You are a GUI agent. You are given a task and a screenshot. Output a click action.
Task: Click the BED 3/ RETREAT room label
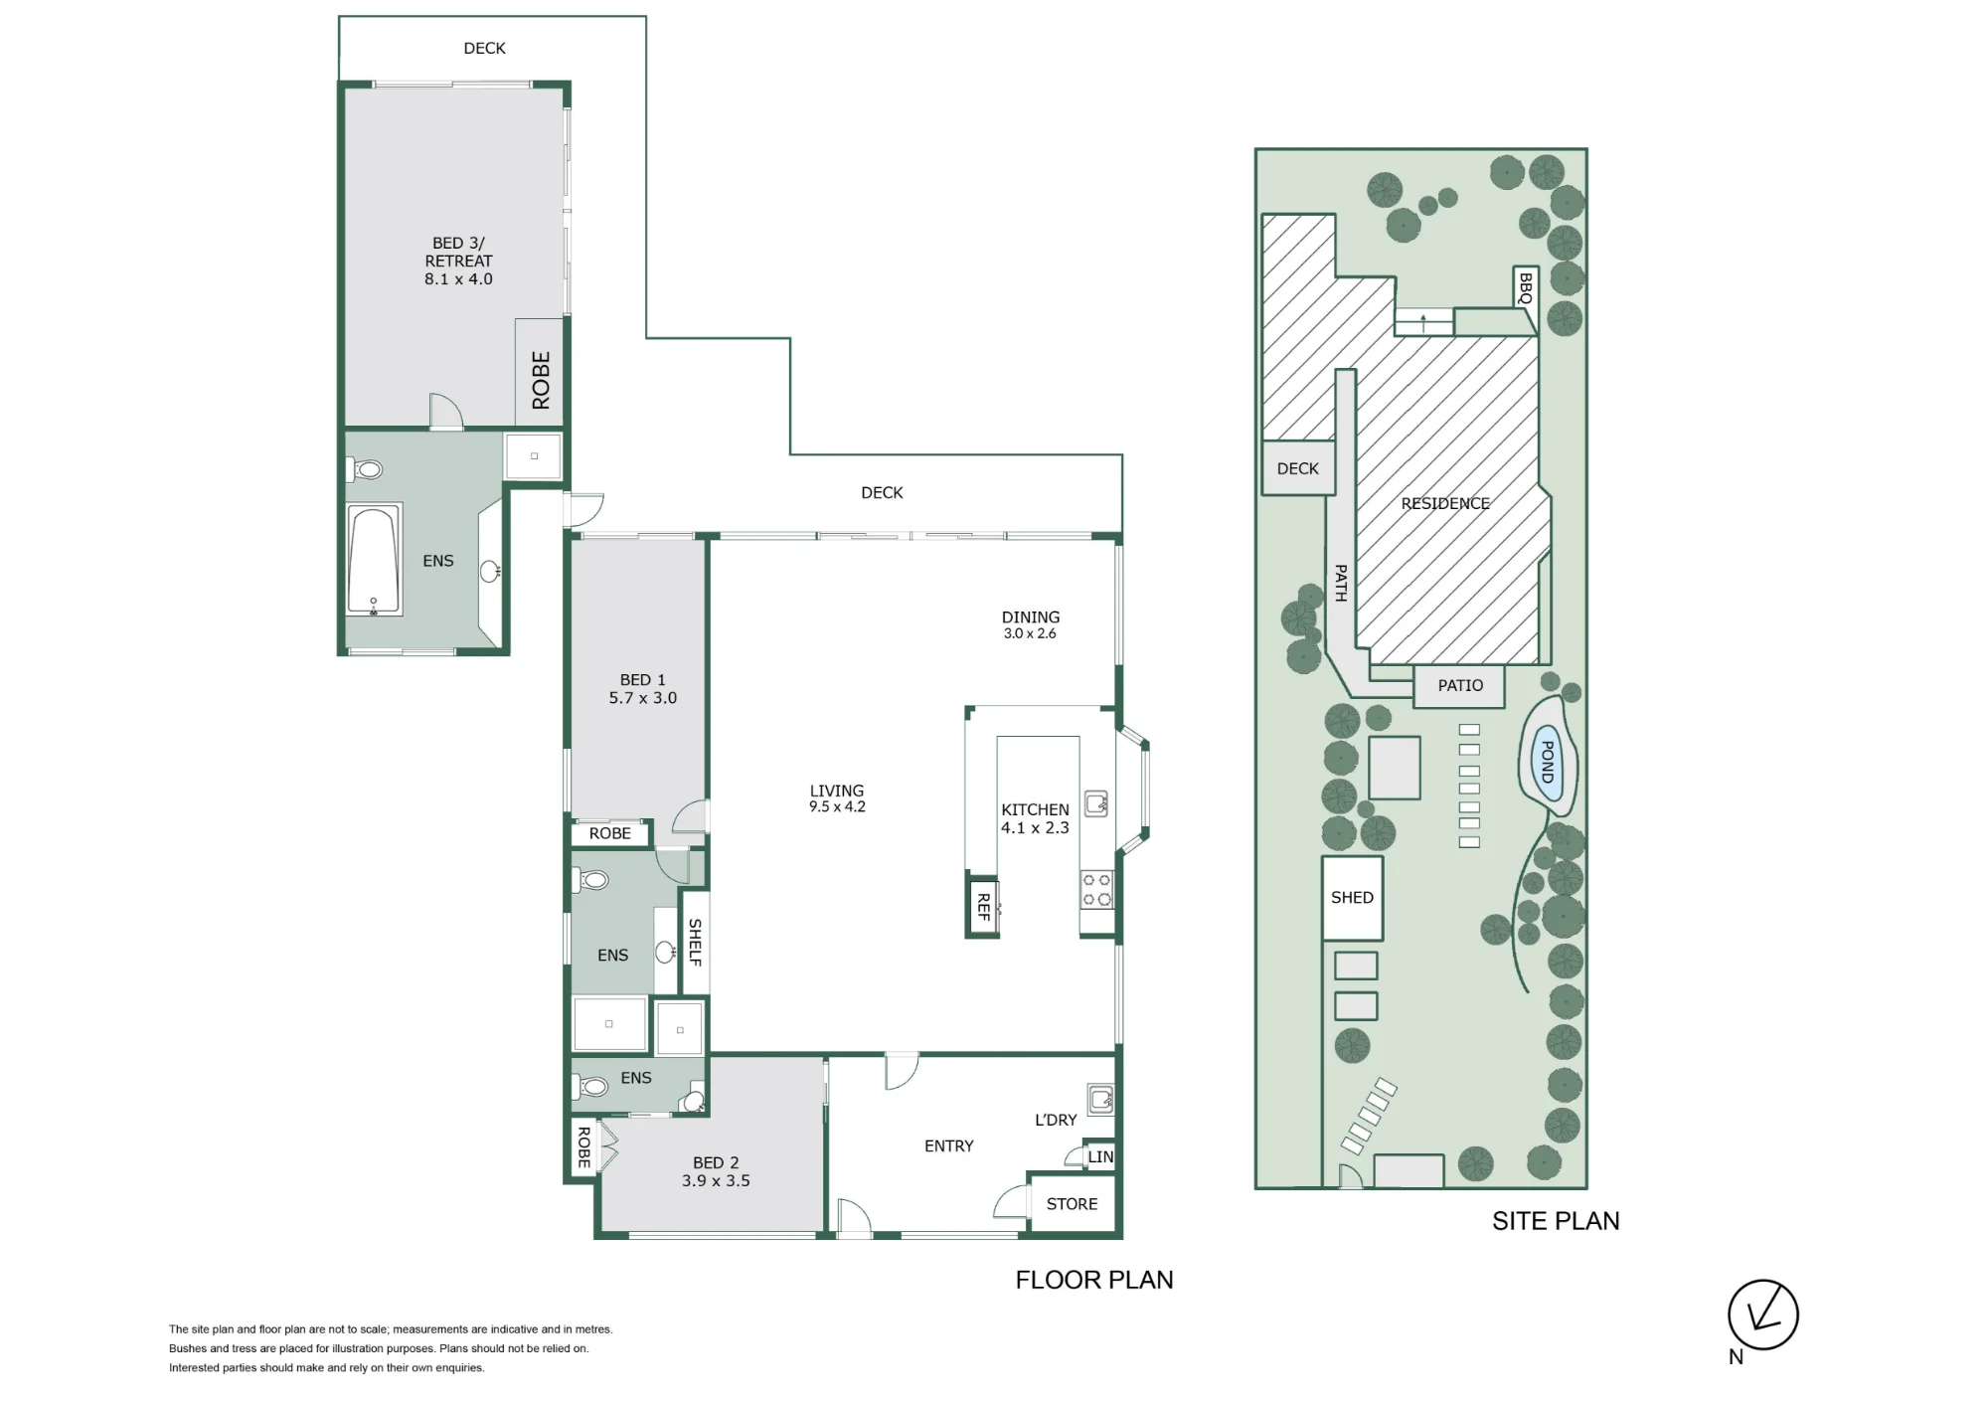point(458,261)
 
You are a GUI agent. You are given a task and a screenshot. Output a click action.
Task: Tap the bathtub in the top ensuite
point(374,560)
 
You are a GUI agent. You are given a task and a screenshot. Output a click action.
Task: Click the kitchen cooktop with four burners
point(1096,889)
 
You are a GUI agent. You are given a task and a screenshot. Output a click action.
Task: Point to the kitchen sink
point(1096,803)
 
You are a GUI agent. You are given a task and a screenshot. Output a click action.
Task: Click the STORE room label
point(1072,1204)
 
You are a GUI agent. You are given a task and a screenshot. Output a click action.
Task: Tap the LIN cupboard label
point(1100,1157)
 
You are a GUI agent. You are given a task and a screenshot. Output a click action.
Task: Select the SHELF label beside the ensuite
point(695,943)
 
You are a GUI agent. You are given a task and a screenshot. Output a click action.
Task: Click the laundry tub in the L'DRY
point(1100,1098)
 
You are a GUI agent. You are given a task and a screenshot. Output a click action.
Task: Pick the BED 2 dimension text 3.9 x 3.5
point(716,1181)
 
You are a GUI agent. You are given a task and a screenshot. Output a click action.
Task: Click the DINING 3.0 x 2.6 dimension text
point(1030,633)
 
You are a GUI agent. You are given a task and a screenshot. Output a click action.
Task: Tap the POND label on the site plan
point(1547,762)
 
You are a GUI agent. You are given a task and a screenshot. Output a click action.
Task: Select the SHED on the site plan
point(1352,898)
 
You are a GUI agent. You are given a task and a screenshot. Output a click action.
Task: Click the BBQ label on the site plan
point(1526,288)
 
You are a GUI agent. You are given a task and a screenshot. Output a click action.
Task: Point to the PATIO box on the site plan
point(1459,686)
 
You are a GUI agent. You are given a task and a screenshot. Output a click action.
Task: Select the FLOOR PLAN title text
point(1094,1280)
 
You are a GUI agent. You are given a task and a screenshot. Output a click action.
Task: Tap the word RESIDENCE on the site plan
point(1445,504)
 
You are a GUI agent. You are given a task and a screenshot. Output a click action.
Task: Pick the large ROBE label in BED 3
point(541,380)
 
